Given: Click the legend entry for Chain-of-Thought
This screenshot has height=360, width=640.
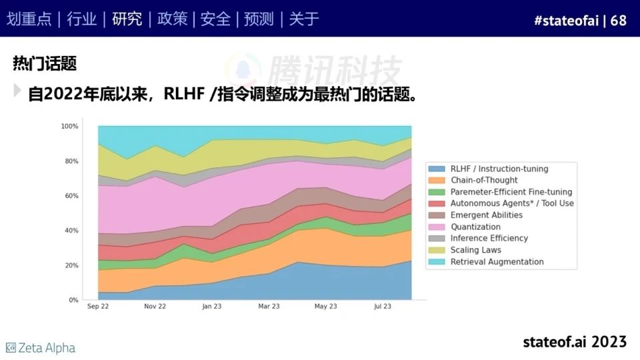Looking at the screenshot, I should [x=483, y=180].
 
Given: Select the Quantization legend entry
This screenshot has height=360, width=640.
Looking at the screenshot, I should [x=475, y=227].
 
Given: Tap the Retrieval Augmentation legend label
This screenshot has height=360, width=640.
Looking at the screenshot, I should [x=497, y=262].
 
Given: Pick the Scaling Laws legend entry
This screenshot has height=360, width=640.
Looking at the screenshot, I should [x=475, y=250].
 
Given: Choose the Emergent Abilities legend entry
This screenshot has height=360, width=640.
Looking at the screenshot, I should [x=486, y=215].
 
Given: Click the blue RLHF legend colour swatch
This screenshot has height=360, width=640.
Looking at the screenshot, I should [x=437, y=169].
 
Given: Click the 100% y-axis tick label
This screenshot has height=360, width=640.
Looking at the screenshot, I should [x=69, y=126].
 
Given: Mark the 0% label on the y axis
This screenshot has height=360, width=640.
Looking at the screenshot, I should [x=73, y=300].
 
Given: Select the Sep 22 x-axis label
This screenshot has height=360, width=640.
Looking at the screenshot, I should [x=98, y=307].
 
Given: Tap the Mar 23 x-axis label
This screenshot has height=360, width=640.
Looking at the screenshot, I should [x=269, y=307].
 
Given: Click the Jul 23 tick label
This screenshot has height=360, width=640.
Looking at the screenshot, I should [x=383, y=307].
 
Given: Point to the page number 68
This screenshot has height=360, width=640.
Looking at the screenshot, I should [x=619, y=20].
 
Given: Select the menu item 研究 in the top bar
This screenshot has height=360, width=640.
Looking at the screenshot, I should [x=127, y=19].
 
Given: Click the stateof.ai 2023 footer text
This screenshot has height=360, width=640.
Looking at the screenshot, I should [x=575, y=342].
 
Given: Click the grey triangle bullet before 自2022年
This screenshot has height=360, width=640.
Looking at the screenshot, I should [x=17, y=91].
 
